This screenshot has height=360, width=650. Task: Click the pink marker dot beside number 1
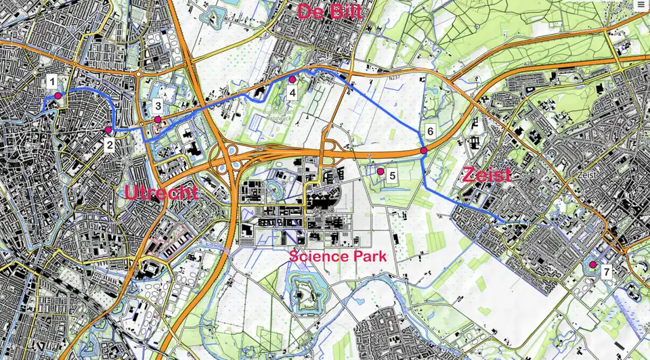[x=58, y=96]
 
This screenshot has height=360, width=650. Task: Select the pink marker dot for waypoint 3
[x=158, y=120]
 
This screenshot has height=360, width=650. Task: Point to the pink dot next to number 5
[x=381, y=171]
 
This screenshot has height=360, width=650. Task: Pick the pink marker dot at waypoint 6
[x=423, y=150]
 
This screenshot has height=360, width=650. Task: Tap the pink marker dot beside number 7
[x=592, y=265]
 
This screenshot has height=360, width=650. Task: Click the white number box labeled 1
[x=51, y=83]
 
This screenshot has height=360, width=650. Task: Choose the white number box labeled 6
[x=430, y=131]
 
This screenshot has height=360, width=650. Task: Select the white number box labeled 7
[x=607, y=272]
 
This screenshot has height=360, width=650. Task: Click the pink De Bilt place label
[x=330, y=11]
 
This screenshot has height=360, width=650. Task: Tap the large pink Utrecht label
[x=161, y=193]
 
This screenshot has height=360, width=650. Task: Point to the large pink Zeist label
[x=486, y=175]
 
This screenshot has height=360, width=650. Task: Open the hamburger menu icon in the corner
[x=641, y=5]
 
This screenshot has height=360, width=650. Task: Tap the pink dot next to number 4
[x=292, y=79]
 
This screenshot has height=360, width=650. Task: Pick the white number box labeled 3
[x=157, y=106]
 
